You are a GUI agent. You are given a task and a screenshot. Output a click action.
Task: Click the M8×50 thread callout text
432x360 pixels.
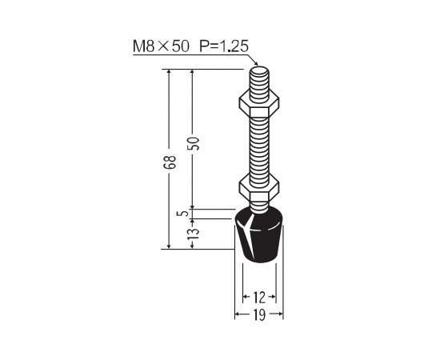pyautogui.click(x=161, y=46)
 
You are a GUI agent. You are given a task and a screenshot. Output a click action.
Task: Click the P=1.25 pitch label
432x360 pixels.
pyautogui.click(x=224, y=46)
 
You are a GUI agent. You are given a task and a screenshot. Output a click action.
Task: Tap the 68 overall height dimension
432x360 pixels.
pyautogui.click(x=169, y=162)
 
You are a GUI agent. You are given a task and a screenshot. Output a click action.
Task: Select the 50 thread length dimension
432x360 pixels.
pyautogui.click(x=194, y=143)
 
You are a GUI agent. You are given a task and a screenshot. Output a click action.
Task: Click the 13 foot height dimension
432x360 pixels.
pyautogui.click(x=194, y=234)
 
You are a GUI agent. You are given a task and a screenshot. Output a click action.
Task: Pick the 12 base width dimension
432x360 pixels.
pyautogui.click(x=258, y=297)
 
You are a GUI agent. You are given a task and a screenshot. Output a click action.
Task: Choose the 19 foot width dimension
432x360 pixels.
pyautogui.click(x=258, y=314)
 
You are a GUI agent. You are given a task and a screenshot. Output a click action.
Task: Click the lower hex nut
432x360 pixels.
pyautogui.click(x=259, y=189)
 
